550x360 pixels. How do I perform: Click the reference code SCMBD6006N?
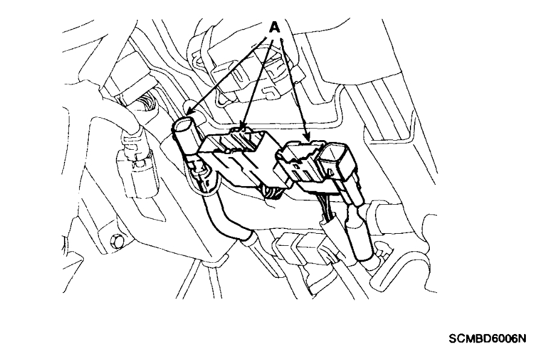[487, 339]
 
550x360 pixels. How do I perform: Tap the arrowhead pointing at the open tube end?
[188, 113]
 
